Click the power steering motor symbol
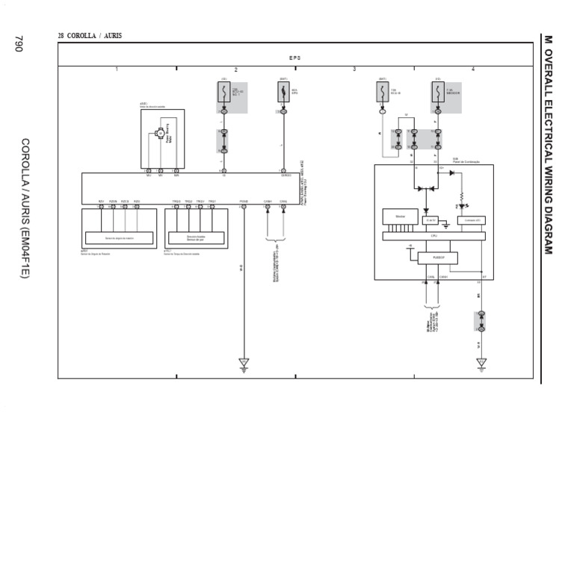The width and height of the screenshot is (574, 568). [x=159, y=133]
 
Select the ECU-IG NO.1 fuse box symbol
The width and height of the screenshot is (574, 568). [x=223, y=92]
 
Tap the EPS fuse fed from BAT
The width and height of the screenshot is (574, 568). [x=283, y=92]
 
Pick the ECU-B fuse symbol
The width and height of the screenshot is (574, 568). [x=382, y=92]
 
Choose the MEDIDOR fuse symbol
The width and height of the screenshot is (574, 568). [x=437, y=92]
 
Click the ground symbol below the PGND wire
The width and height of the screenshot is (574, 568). [x=244, y=363]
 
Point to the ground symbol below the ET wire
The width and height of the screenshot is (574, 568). [x=481, y=363]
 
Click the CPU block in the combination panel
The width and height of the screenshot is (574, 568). [x=433, y=236]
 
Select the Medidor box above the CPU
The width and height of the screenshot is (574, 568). [x=400, y=216]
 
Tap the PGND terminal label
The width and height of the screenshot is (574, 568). [x=244, y=201]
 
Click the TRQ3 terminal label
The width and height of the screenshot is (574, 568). [x=200, y=201]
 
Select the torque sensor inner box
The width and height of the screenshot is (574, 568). [x=196, y=237]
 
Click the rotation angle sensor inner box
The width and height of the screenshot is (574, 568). [x=119, y=238]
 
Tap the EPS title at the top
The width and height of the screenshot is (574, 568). [x=294, y=57]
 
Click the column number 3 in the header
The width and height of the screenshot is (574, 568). [x=354, y=69]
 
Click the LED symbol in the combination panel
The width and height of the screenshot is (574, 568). [x=463, y=206]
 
